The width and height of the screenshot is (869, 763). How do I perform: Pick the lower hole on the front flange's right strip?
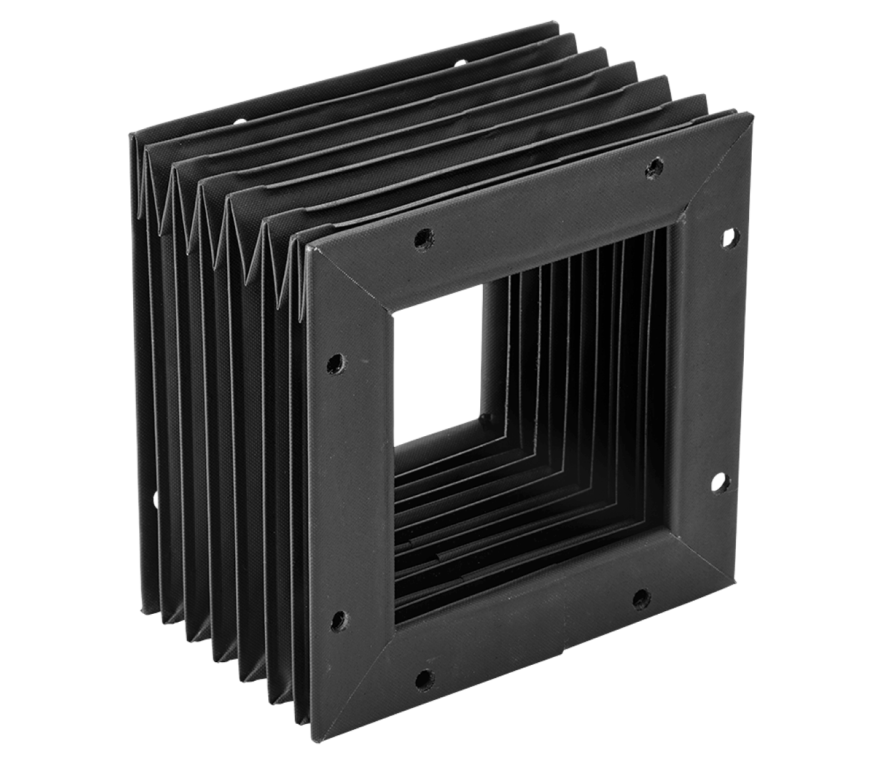[x=719, y=483]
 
